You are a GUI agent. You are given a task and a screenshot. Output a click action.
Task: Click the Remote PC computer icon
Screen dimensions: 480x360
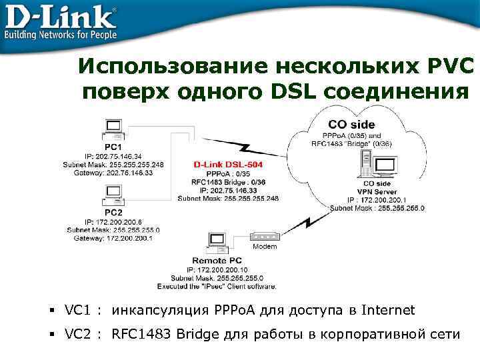coord(216,241)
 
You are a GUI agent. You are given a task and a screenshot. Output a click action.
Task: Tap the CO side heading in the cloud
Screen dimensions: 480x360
coord(351,124)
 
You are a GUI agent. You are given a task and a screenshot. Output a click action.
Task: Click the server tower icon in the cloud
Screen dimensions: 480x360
coord(365,164)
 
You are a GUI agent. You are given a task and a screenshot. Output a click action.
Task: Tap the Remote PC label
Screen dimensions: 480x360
coord(217,261)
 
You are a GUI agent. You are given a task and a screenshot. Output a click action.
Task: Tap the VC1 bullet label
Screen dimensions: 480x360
coord(77,310)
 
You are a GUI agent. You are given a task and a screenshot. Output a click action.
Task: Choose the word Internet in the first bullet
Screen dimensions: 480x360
coord(388,310)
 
